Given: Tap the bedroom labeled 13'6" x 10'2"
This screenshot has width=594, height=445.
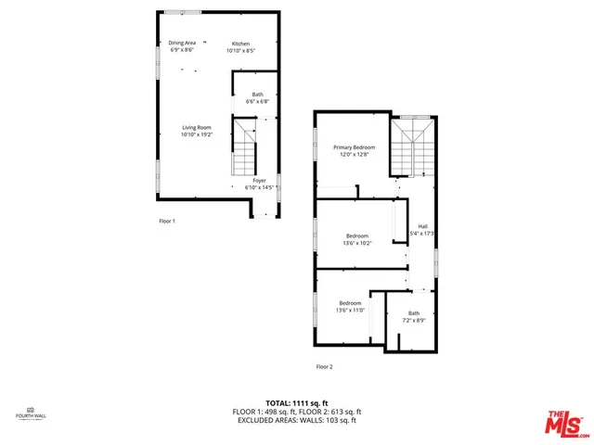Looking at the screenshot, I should pos(357,239).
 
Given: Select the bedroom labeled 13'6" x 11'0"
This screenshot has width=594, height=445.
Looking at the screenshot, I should pos(350,307).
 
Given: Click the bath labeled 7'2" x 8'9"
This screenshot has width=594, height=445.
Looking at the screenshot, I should pos(413,316).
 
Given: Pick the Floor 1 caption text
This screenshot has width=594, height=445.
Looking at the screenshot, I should pos(166,221).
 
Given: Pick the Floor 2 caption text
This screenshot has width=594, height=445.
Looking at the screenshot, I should pos(324,366).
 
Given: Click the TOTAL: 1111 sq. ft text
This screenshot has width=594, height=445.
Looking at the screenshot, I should pos(297,403).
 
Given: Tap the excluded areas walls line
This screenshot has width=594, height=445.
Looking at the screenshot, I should pos(297,420).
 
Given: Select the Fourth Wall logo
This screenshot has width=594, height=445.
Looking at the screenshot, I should pos(30,413).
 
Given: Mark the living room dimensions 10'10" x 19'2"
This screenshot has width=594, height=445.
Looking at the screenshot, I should pos(196,135).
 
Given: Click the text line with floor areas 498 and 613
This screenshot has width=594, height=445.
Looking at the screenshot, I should pos(297,412).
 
